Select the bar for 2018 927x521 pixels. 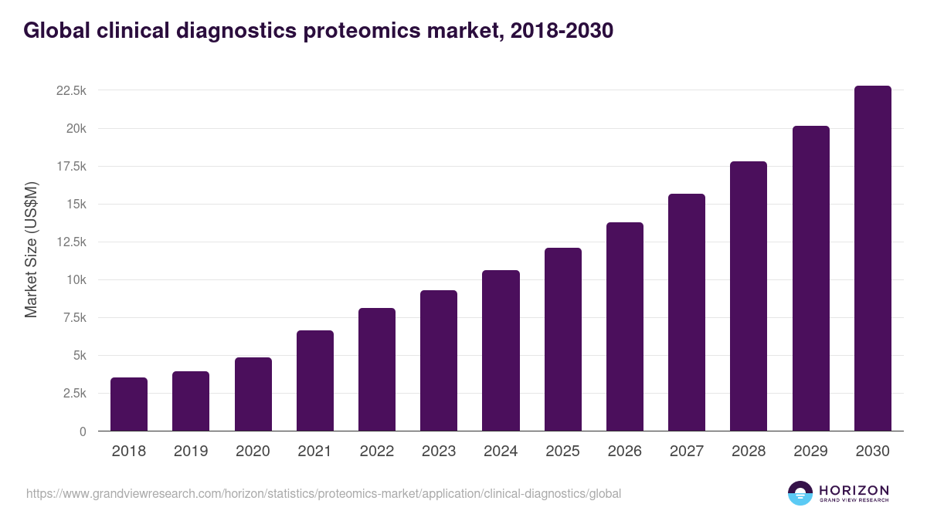pos(129,404)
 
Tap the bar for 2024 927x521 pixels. pos(501,351)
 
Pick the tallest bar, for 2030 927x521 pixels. pos(872,259)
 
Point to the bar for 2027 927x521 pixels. pos(686,313)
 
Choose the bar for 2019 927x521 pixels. pos(191,401)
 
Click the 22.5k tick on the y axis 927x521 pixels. pos(71,90)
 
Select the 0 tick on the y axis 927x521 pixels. pos(83,431)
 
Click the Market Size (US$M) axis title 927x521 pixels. pos(31,249)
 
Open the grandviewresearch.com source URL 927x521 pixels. pos(324,492)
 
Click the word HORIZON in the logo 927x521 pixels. pos(854,490)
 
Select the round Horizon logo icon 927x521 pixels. pos(800,493)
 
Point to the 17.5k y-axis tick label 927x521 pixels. pos(71,166)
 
